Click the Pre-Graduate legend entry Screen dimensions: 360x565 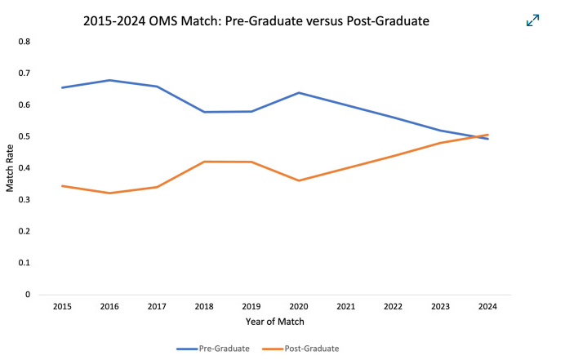[x=213, y=349]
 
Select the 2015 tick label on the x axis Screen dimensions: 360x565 [x=61, y=307]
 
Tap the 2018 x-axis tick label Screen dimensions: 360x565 [x=204, y=307]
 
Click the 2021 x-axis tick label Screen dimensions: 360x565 [x=346, y=307]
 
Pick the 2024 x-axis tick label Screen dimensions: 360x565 [x=488, y=307]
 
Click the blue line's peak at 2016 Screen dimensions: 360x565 [x=109, y=80]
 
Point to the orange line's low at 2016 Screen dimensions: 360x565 [x=109, y=193]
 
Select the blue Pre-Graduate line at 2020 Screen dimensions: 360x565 [x=299, y=92]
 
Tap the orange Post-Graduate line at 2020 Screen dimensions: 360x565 [x=299, y=180]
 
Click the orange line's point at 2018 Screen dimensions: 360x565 [x=204, y=162]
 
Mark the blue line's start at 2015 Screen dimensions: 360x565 [x=62, y=87]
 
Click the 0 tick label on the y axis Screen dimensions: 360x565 [x=27, y=295]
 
